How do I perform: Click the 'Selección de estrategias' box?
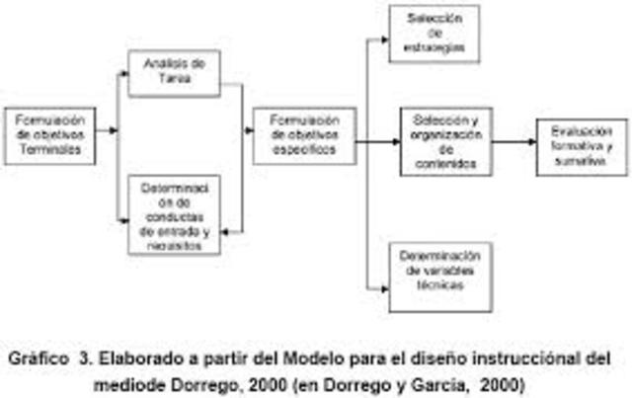coord(434,34)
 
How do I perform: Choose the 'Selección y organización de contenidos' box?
coord(446,141)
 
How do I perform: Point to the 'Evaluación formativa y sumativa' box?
coord(582,146)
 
